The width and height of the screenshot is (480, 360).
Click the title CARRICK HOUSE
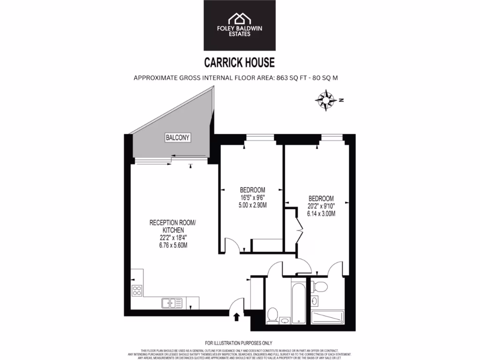point(239,62)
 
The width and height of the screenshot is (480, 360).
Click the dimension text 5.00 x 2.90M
point(253,205)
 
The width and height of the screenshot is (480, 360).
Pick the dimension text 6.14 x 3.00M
point(321,213)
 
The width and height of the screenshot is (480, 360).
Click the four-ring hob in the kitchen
point(137,290)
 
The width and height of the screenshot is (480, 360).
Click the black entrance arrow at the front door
point(236,317)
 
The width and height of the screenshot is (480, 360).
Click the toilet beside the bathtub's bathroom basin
point(272,315)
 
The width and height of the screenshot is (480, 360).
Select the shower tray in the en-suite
point(328,317)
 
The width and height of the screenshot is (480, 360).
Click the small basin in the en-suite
point(315,300)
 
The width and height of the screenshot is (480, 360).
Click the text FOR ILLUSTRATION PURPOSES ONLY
point(239,343)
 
